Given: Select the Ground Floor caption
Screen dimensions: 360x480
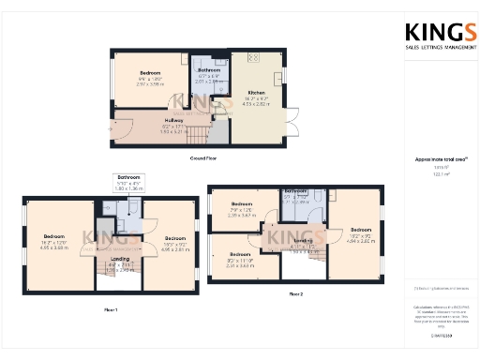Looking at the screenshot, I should pos(203,158).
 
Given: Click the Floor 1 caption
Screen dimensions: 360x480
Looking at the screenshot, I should pos(110,308).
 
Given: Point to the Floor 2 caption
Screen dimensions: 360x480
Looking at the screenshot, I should pos(296,294).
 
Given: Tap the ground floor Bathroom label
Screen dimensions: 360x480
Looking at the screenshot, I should pos(209,70).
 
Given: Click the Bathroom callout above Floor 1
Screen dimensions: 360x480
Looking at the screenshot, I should pos(128,177).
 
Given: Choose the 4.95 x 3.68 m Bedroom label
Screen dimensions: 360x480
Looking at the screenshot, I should pos(55,238).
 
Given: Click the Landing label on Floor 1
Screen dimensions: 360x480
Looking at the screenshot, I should pos(120,259).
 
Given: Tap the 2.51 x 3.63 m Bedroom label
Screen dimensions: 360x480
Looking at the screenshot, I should pos(241,254).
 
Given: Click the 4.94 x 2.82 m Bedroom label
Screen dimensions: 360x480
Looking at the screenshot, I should pos(361,230).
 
